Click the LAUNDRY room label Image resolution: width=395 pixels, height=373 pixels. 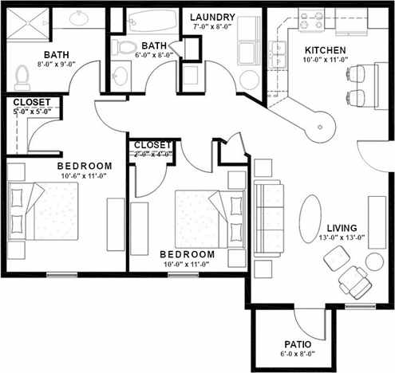214,17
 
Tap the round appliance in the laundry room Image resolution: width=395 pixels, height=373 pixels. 249,79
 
